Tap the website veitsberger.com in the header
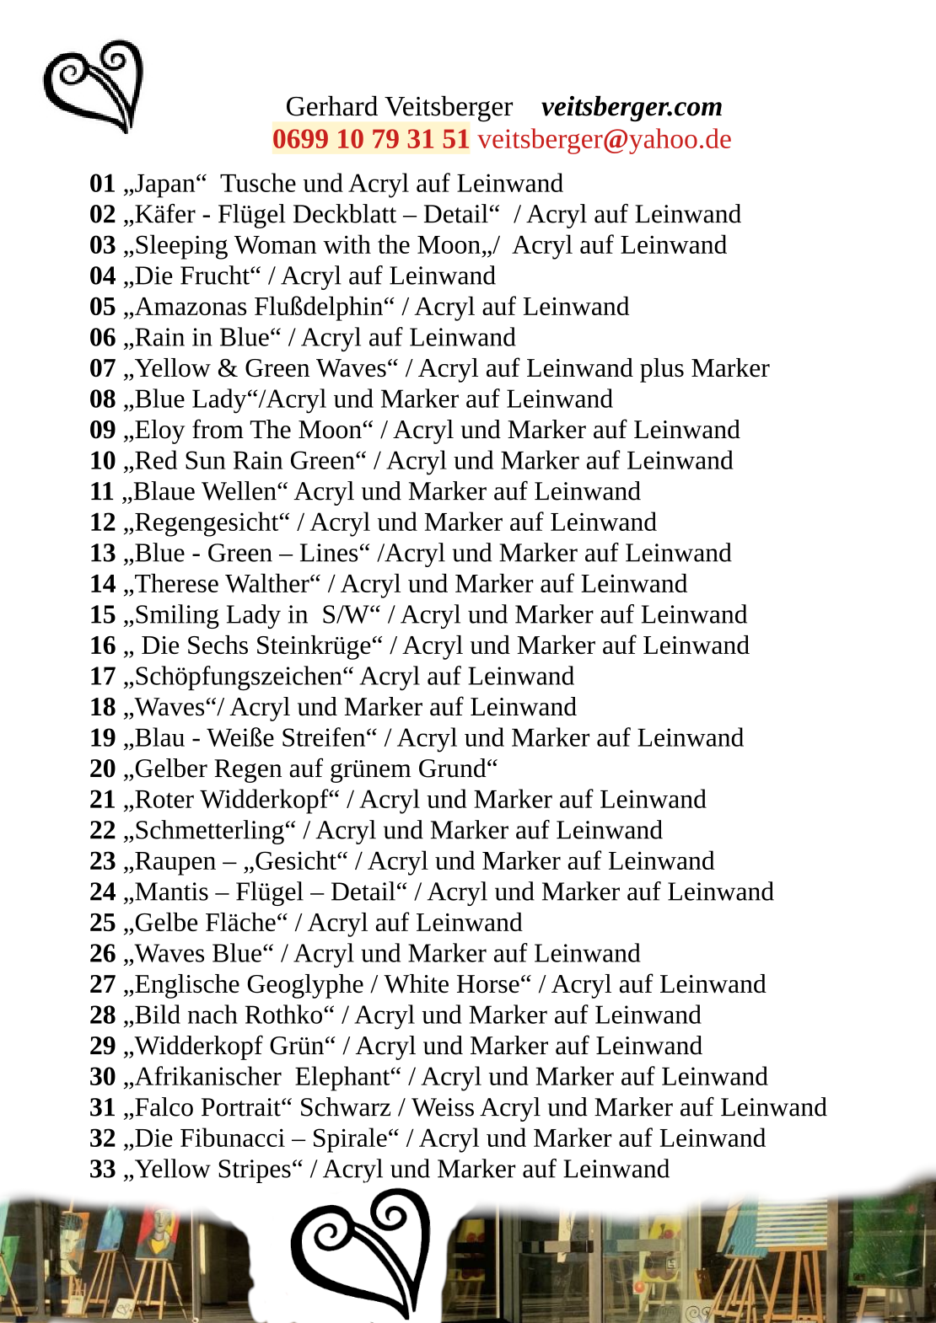tap(632, 107)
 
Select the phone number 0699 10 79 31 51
tap(371, 139)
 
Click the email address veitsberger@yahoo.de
tap(605, 139)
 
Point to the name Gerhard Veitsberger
tap(399, 107)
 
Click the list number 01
tap(103, 184)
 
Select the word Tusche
tap(258, 184)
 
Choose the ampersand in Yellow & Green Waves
tap(227, 368)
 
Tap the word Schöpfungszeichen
tap(239, 677)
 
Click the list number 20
tap(103, 769)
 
